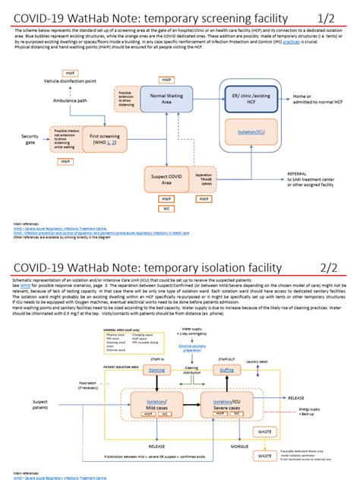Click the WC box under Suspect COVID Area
[x=166, y=207]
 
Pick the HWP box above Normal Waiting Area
[x=166, y=79]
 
